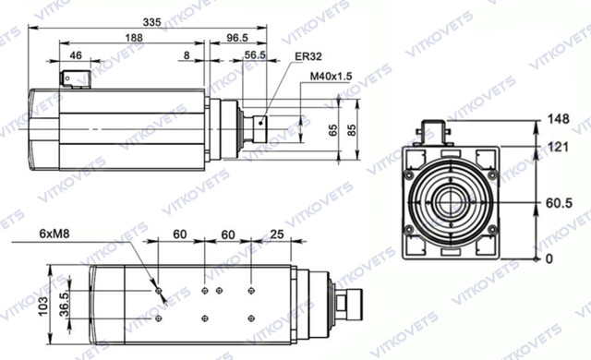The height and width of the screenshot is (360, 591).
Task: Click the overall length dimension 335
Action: click(151, 22)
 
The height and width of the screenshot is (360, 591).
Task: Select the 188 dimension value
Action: click(134, 38)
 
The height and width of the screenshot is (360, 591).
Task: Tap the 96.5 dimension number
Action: click(237, 38)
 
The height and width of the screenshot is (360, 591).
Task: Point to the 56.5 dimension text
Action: click(255, 55)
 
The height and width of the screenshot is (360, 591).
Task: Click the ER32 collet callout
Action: click(308, 56)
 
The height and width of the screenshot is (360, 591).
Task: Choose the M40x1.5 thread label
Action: click(331, 77)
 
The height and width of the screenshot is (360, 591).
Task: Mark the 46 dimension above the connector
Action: click(76, 55)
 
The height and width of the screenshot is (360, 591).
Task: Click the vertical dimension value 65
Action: click(333, 130)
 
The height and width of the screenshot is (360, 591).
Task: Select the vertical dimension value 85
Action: click(351, 130)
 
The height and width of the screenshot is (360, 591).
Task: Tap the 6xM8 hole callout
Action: click(54, 234)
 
